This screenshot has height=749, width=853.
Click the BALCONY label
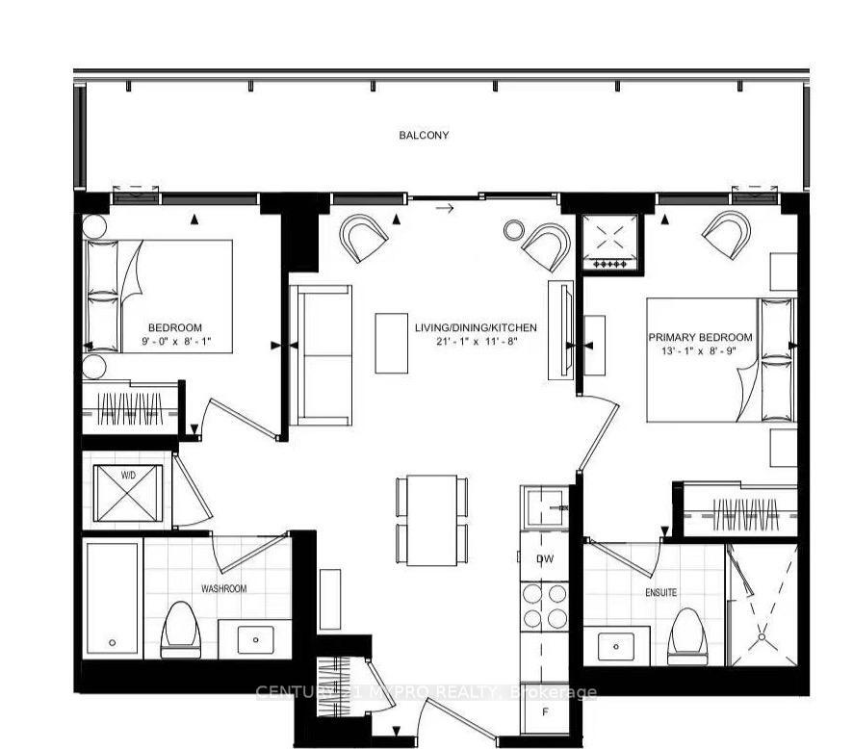click(x=424, y=136)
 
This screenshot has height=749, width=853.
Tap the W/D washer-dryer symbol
click(x=127, y=492)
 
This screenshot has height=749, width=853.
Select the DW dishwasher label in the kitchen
click(x=545, y=559)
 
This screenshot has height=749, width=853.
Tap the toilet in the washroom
click(x=181, y=632)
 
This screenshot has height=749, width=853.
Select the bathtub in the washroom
click(x=113, y=599)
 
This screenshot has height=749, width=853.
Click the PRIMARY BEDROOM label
click(x=700, y=337)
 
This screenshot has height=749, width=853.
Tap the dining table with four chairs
click(x=431, y=520)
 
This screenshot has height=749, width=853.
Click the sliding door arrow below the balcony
click(x=444, y=207)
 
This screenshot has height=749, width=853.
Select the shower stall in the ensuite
click(x=763, y=605)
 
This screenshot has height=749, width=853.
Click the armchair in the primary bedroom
click(x=727, y=234)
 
